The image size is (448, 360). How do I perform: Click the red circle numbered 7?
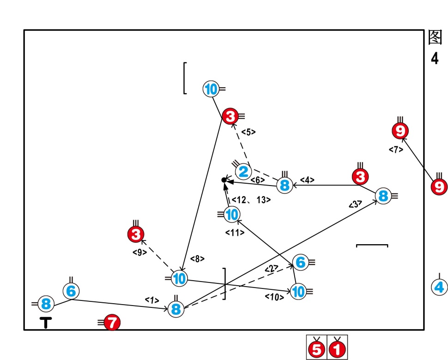point(112,323)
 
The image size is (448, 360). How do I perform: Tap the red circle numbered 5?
point(317,350)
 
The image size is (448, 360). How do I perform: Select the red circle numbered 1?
point(337,350)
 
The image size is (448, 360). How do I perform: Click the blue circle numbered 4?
point(439,287)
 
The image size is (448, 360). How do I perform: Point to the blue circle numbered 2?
point(243,172)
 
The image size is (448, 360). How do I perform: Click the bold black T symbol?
point(46,323)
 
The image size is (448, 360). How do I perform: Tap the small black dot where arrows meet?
point(224,180)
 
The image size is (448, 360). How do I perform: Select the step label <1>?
point(151,300)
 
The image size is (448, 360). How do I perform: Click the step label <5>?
point(248,132)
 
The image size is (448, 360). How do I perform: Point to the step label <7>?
point(396,150)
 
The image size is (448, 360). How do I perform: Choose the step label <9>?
point(139,252)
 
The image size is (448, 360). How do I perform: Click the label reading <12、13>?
point(251,200)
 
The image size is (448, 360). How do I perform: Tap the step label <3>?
point(355,203)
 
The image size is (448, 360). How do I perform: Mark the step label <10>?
point(274,297)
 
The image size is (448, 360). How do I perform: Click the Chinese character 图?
point(436,38)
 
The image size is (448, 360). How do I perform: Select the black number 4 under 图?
point(435,59)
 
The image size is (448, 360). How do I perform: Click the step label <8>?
point(197,259)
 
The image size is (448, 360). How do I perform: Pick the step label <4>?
point(307,180)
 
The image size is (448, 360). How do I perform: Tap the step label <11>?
point(235,233)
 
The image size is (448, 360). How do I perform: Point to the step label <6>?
point(258,180)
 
